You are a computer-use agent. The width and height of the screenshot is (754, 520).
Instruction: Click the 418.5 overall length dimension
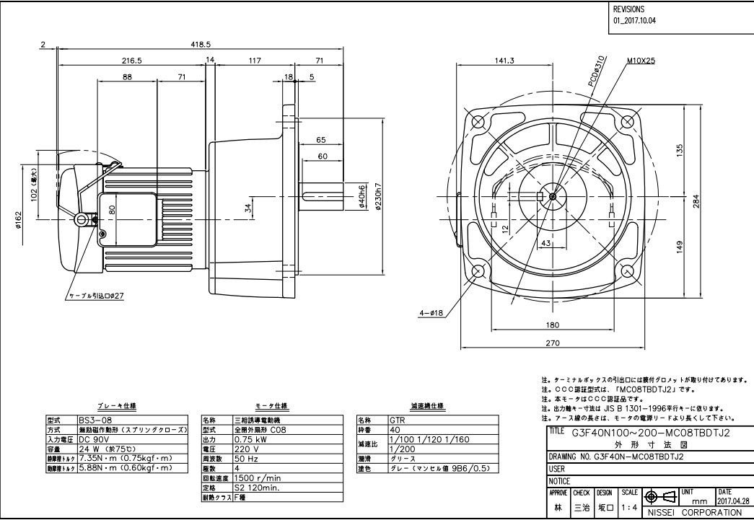[x=200, y=44]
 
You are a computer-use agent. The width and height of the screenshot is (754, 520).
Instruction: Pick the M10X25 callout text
[x=641, y=61]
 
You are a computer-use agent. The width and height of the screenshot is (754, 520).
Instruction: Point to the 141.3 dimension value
[x=504, y=61]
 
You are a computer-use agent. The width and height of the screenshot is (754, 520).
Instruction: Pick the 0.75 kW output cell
[x=251, y=437]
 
